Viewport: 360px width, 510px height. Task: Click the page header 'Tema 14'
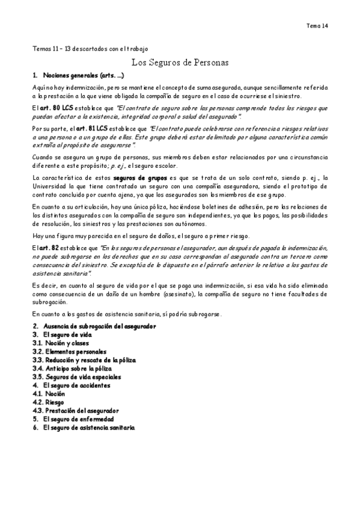point(317,26)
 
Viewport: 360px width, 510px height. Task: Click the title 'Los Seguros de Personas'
point(180,62)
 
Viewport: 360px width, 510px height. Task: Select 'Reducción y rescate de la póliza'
point(90,360)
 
